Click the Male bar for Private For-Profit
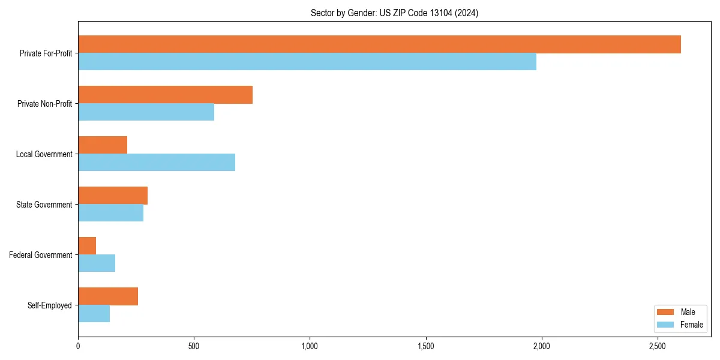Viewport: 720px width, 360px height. [x=379, y=44]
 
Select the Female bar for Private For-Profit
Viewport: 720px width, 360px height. [x=307, y=62]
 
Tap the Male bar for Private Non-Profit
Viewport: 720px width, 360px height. [x=165, y=95]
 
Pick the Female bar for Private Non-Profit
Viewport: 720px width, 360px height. [x=146, y=112]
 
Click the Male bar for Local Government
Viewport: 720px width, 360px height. [x=103, y=145]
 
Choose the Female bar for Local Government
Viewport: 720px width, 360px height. [x=157, y=163]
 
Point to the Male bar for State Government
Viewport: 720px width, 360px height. [x=113, y=196]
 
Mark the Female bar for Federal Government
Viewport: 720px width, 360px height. [x=97, y=263]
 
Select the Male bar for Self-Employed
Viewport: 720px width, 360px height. [x=108, y=296]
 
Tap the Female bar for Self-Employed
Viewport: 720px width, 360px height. [x=94, y=314]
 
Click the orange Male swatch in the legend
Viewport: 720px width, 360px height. [x=666, y=312]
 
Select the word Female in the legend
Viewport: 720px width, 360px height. [x=692, y=325]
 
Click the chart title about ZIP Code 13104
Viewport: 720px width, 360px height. [x=394, y=13]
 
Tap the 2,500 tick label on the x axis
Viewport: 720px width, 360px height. [x=658, y=346]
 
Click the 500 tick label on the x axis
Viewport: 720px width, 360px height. [x=194, y=346]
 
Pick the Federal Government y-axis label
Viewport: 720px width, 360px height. [x=41, y=255]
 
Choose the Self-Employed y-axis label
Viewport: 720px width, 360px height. [x=50, y=305]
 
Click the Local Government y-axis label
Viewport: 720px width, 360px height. [x=44, y=154]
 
